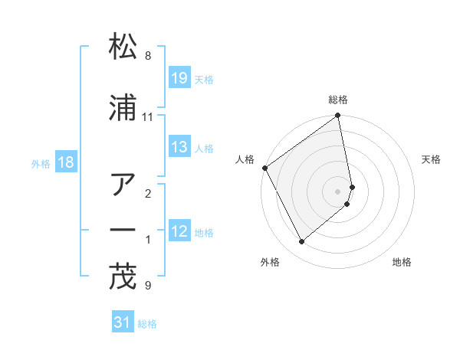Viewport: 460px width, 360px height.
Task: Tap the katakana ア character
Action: (123, 185)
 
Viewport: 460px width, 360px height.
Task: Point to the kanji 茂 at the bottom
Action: (123, 276)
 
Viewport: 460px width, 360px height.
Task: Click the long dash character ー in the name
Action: (123, 230)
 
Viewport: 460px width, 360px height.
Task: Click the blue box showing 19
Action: (179, 78)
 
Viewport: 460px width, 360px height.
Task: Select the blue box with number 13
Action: (179, 147)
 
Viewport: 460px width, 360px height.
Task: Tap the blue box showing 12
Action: (179, 231)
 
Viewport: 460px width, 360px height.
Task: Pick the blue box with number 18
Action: (66, 162)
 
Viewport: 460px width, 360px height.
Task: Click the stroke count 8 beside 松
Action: (148, 56)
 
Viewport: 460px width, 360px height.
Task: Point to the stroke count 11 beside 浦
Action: (148, 117)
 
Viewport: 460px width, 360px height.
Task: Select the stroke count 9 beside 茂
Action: (148, 286)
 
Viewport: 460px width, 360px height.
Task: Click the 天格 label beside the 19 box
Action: (204, 79)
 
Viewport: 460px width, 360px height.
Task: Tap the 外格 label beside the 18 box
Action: (41, 163)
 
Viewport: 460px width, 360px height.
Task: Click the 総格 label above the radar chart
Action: (338, 100)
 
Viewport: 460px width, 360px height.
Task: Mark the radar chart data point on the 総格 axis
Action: (338, 116)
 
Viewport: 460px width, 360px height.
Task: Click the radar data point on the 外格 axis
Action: (301, 241)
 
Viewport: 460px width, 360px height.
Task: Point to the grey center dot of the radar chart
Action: (338, 191)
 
